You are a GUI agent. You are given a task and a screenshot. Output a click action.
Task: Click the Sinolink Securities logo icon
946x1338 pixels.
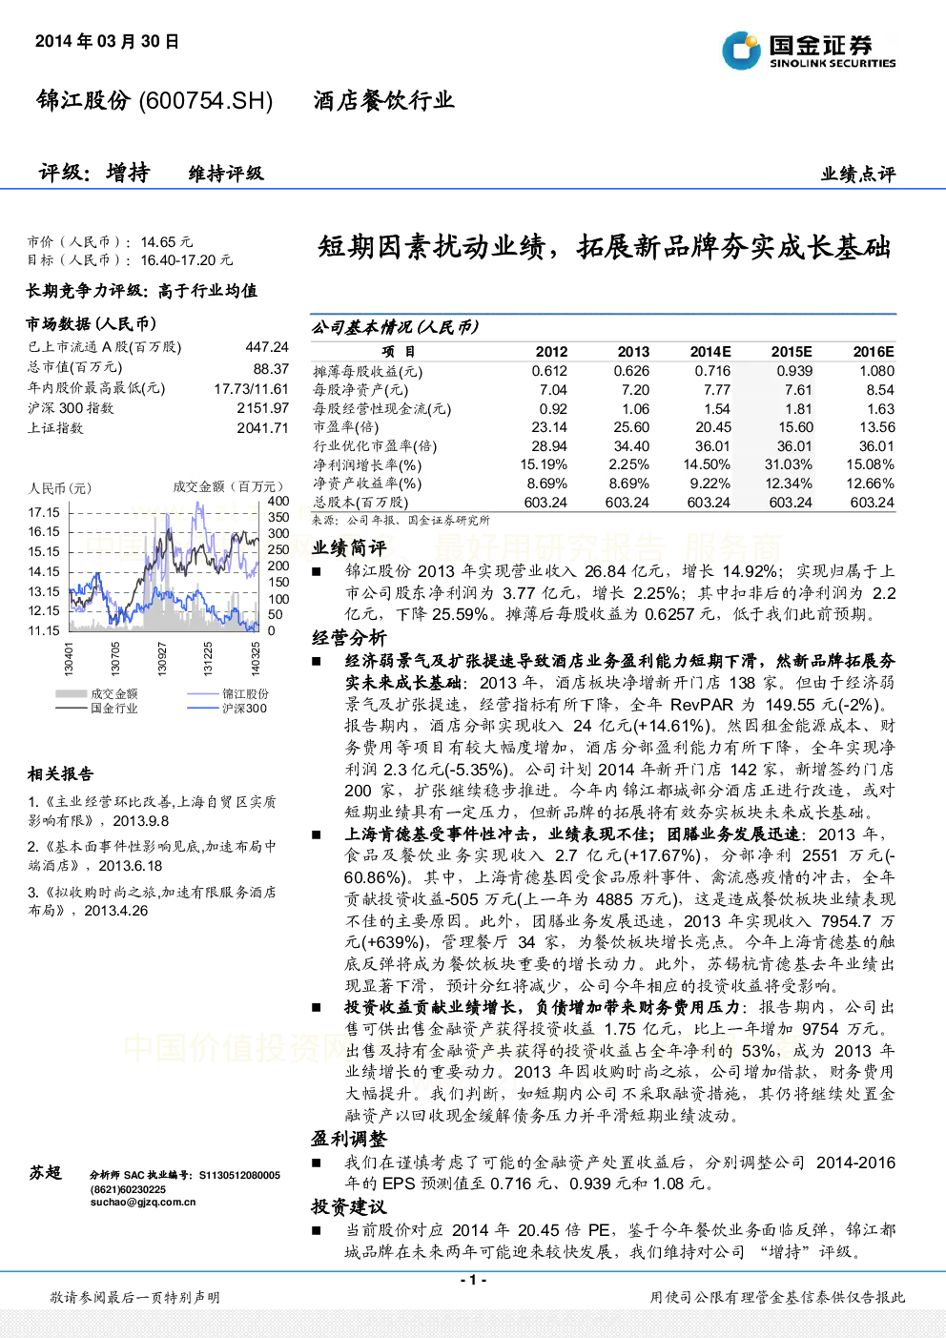click(741, 51)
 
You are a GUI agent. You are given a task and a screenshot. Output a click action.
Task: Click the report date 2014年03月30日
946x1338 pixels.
click(107, 41)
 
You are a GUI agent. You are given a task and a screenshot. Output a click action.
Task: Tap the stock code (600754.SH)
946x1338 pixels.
click(205, 101)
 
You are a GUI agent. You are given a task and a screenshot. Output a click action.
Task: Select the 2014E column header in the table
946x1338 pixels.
click(710, 352)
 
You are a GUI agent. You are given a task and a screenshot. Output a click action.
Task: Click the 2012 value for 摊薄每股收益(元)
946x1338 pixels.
click(549, 371)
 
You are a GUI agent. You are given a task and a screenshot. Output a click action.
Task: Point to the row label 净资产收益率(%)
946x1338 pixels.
click(367, 484)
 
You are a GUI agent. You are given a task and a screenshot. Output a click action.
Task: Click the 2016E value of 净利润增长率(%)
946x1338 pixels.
click(870, 464)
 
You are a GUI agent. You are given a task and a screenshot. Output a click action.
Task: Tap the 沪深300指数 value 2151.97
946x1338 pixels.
click(263, 408)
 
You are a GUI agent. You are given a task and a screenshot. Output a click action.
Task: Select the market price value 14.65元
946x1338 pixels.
click(167, 242)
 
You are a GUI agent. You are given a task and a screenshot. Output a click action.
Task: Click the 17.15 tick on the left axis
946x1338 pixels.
click(44, 512)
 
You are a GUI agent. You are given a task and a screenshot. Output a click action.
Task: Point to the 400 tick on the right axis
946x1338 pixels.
click(278, 501)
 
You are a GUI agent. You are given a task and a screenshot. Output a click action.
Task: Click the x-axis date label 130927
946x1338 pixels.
click(162, 659)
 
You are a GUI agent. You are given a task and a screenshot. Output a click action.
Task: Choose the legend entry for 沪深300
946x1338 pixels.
click(227, 709)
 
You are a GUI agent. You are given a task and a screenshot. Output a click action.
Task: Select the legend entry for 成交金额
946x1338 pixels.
click(96, 694)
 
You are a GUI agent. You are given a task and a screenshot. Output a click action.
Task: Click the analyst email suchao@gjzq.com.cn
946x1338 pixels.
click(143, 1203)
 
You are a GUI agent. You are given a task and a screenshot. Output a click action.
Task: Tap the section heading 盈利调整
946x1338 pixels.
click(349, 1139)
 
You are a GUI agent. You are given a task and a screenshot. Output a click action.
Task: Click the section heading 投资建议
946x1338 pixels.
click(349, 1206)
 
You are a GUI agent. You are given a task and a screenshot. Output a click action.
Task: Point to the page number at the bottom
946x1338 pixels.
click(474, 1280)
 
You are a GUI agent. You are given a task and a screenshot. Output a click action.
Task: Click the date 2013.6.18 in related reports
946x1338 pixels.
click(131, 866)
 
